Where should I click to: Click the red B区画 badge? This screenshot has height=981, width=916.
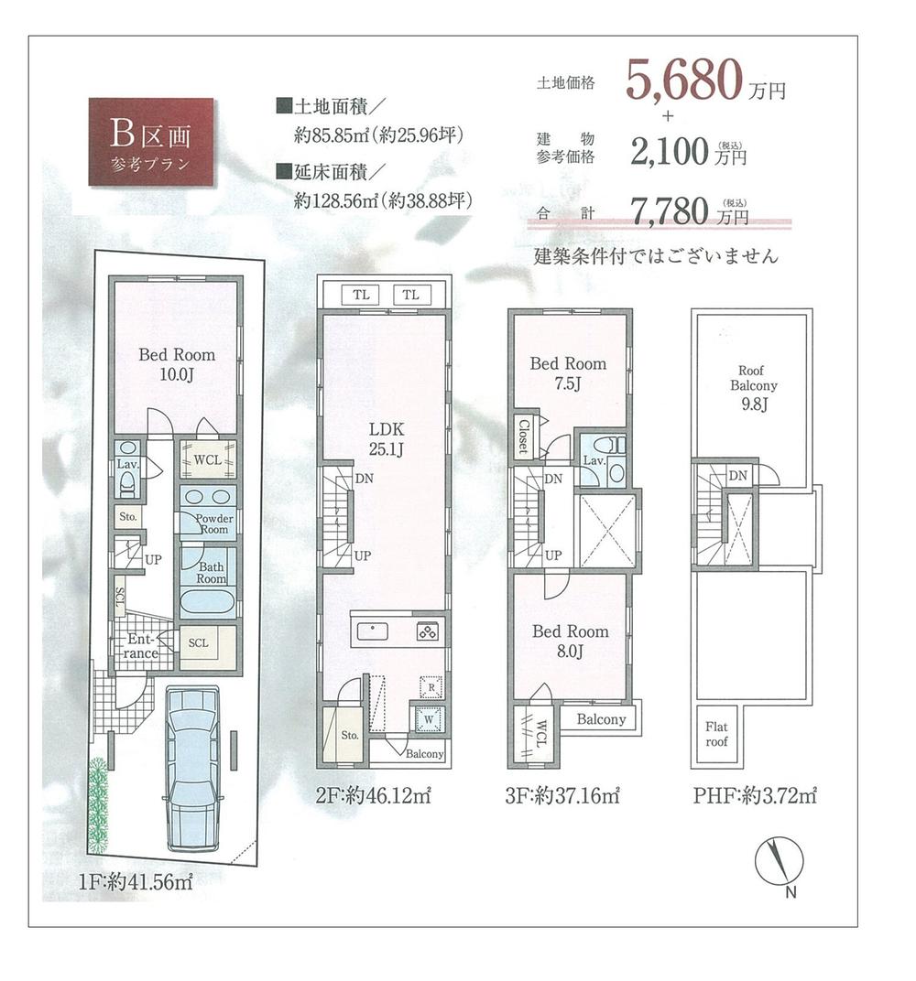pos(151,142)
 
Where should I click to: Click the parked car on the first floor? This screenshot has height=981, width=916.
pos(192,769)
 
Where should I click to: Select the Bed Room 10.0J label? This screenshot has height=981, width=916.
pos(177,362)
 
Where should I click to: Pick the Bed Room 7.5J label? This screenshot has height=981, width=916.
pos(568,372)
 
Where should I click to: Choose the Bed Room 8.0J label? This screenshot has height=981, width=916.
pos(570,641)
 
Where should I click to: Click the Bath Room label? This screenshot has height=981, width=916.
pos(210,573)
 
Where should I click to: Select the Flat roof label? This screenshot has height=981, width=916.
pos(716,734)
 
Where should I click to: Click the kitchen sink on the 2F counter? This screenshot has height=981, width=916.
pos(375,631)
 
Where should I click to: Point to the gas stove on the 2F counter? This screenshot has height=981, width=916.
pos(428,631)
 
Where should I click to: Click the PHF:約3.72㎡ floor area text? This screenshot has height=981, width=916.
pos(755,795)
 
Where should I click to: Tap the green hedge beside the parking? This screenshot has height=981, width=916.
pos(98,805)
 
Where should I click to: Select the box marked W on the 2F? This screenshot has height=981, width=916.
pos(427,720)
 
